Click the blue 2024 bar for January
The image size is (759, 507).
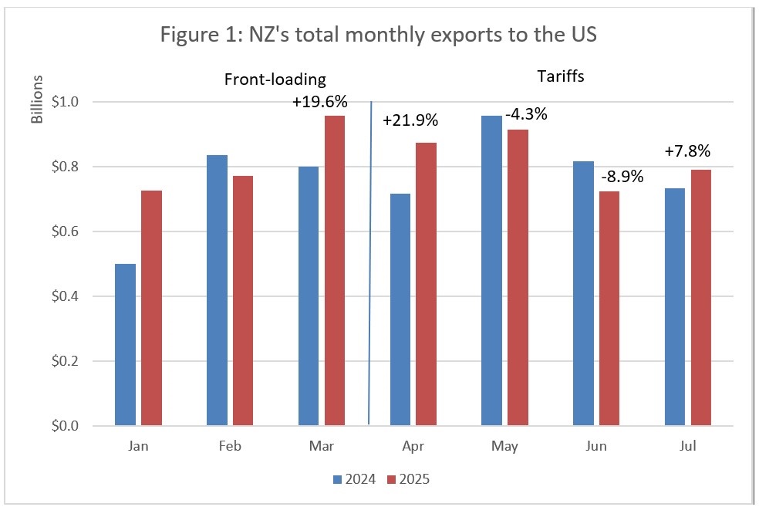(x=126, y=344)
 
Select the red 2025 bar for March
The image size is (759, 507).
(x=335, y=270)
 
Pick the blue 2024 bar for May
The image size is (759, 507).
(x=492, y=270)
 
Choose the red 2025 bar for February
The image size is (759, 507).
(x=242, y=300)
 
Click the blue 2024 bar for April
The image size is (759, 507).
(x=401, y=309)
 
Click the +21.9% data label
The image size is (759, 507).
(x=410, y=120)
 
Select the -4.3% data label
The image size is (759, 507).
(x=526, y=114)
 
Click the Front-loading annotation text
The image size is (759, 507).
(x=275, y=79)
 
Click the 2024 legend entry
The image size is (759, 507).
(x=354, y=479)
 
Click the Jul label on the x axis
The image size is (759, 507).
(x=687, y=446)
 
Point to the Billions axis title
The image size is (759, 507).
(x=36, y=100)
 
